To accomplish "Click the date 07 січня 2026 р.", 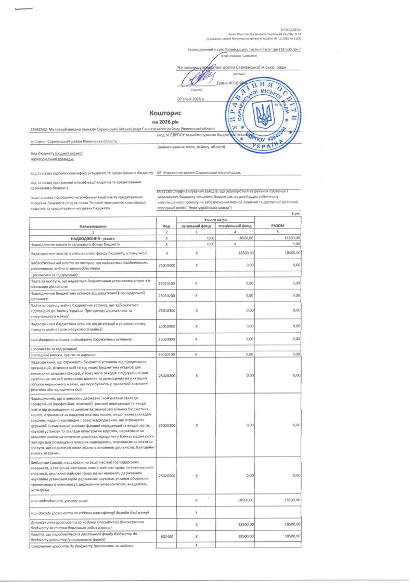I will (x=191, y=98).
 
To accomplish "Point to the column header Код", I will (x=166, y=226).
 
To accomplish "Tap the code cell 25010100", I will (x=166, y=283).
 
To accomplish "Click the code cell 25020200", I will (x=166, y=375).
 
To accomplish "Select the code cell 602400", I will (x=166, y=536).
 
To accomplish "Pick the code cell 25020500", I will (x=166, y=475).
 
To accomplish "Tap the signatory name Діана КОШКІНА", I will (x=230, y=82).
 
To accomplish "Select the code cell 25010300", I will (x=166, y=310).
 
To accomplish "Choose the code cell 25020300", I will (x=166, y=425).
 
